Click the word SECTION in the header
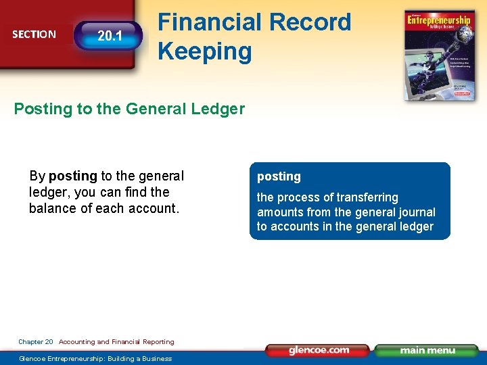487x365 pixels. [x=34, y=34]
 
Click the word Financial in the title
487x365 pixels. [x=208, y=22]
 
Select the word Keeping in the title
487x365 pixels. [x=204, y=51]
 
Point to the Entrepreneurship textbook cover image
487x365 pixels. [x=439, y=55]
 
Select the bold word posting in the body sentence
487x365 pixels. [x=73, y=176]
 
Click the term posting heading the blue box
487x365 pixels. [x=279, y=176]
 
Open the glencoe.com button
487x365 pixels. [x=318, y=350]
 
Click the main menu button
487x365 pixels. [x=426, y=350]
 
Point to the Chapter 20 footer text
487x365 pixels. [x=36, y=342]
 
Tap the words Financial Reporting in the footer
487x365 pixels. [x=147, y=342]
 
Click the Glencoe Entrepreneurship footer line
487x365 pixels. [x=95, y=358]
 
